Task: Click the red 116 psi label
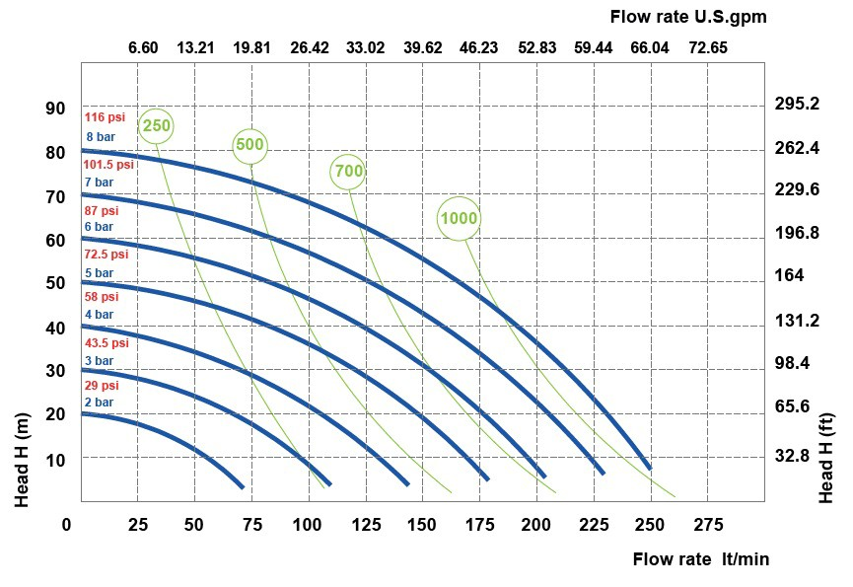105,117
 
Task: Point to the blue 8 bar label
101,137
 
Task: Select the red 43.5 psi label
107,343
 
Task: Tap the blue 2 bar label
99,403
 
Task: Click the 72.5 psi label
107,255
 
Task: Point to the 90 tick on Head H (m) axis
55,109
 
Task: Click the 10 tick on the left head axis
55,461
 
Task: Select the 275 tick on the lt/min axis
708,525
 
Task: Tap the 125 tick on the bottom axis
366,525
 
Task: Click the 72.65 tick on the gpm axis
708,48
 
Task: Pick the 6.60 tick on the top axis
143,48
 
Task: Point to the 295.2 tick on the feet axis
797,104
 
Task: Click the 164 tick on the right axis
789,275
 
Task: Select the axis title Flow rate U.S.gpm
688,17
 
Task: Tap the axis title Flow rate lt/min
701,559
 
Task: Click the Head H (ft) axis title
825,458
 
